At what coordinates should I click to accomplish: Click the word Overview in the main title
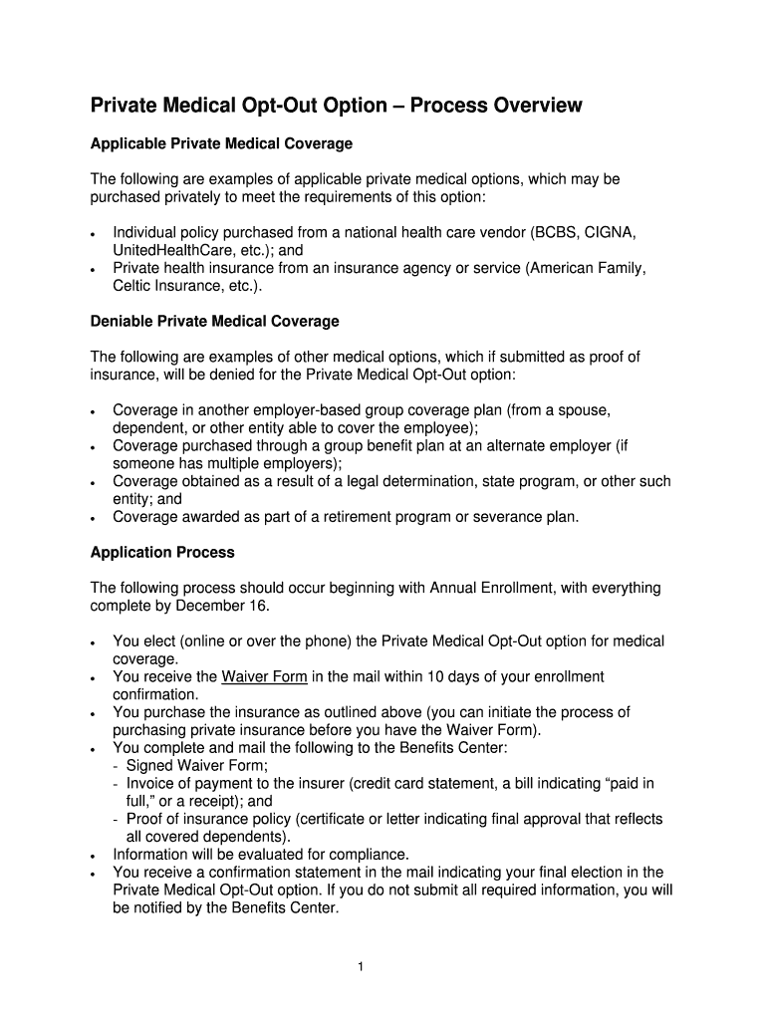tap(534, 106)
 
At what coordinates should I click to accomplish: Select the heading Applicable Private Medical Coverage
tap(221, 143)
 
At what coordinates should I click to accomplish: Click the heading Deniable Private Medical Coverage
tap(214, 321)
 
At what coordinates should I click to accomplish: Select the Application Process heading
tap(162, 552)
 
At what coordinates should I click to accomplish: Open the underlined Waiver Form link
tap(264, 676)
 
